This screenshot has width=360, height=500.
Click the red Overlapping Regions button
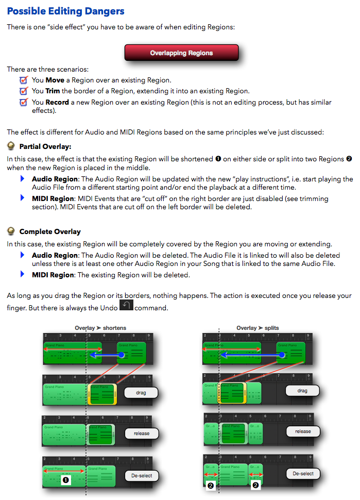(181, 53)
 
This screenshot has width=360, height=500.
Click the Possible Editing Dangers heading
(66, 11)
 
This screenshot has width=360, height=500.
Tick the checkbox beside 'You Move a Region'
(23, 80)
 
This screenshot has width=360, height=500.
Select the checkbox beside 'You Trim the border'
(23, 91)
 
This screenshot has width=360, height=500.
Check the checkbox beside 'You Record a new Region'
(23, 102)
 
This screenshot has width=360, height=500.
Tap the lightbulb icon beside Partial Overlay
(11, 146)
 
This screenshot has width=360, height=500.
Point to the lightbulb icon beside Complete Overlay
(11, 231)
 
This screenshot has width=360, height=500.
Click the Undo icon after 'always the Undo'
(126, 306)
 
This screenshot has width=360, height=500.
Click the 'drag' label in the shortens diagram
(141, 393)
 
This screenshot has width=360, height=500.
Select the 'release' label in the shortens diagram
(142, 434)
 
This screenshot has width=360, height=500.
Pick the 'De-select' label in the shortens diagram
(142, 475)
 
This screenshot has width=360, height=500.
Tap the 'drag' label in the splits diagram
(302, 391)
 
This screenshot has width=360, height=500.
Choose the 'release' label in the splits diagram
(303, 431)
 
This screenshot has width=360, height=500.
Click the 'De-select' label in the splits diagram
(303, 473)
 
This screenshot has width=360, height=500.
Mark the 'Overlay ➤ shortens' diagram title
(100, 328)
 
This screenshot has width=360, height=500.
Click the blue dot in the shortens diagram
(121, 355)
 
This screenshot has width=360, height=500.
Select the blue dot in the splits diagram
(281, 355)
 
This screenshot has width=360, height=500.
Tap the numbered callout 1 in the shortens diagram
(65, 480)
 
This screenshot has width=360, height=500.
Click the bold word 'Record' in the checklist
(57, 103)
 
